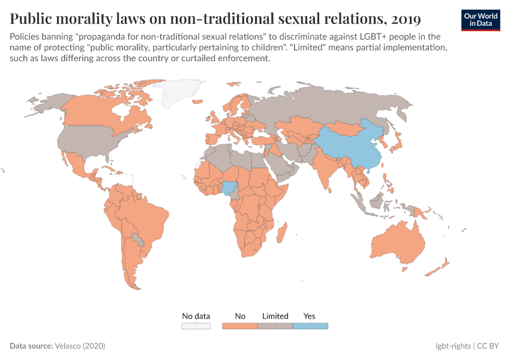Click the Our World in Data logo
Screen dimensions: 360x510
[x=481, y=20]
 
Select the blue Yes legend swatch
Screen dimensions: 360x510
[x=310, y=326]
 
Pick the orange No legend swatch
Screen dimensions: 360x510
[x=240, y=326]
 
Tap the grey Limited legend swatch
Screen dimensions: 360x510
[x=275, y=326]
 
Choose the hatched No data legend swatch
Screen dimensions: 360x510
[x=196, y=326]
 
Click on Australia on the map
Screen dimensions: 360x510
[x=399, y=243]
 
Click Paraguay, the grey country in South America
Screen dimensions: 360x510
[x=139, y=241]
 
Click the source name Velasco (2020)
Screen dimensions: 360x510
[x=80, y=346]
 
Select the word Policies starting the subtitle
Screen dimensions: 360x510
[x=25, y=37]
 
